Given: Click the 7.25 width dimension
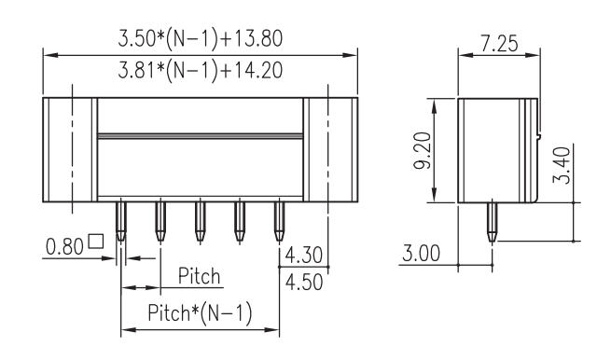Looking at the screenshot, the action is (499, 43).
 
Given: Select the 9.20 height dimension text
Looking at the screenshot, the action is (423, 150).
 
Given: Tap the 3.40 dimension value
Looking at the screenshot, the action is (562, 165).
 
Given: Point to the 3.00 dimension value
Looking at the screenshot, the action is (421, 254).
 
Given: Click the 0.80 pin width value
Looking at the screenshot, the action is (64, 246).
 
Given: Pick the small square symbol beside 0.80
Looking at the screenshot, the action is (96, 242).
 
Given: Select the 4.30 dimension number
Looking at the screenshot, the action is (304, 256).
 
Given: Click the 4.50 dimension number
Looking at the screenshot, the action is (304, 282).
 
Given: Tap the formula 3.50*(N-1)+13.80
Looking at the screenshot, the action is (201, 39).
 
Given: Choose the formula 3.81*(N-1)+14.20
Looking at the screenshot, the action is (201, 71).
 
